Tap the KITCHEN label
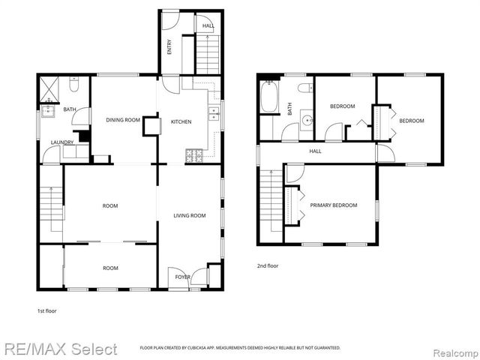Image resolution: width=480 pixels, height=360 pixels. (x=181, y=121)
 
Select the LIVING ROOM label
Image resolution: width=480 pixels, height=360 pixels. (x=189, y=215)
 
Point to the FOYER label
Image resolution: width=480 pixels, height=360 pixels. (x=183, y=277)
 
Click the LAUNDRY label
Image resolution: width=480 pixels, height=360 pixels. (x=61, y=142)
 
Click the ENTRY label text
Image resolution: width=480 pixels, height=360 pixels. (x=169, y=46)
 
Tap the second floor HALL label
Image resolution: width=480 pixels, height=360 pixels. (x=316, y=151)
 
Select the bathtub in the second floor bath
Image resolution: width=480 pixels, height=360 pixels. (x=269, y=98)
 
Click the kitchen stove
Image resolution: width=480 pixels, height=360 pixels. (x=193, y=156)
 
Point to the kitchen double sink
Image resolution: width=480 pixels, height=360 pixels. (x=214, y=115)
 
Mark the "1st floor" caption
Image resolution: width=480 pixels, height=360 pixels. (x=46, y=310)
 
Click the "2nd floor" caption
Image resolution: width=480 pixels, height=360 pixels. (x=267, y=265)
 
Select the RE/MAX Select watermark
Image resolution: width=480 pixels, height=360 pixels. (x=58, y=349)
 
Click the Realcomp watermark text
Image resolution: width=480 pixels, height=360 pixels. (x=454, y=349)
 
